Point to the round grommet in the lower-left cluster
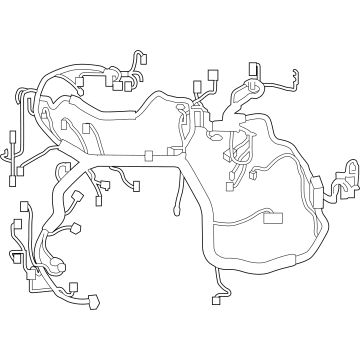[56, 266]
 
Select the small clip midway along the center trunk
[149, 156]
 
